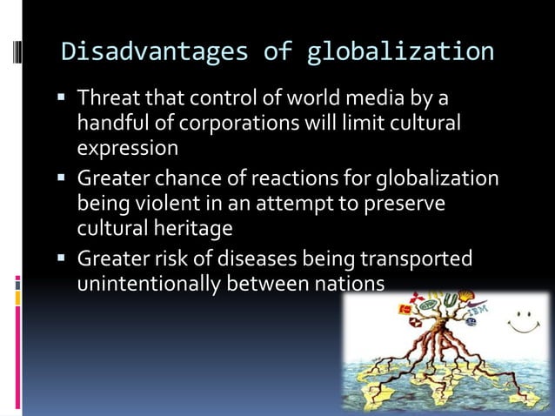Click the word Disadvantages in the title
[x=147, y=51]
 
